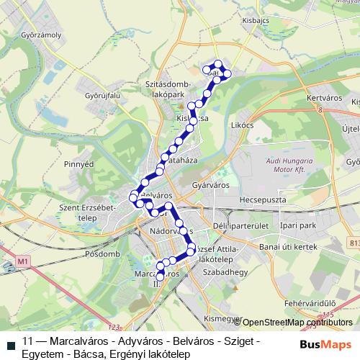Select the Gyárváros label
click(210, 185)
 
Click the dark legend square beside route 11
click(11, 343)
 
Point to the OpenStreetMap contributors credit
click(296, 323)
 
